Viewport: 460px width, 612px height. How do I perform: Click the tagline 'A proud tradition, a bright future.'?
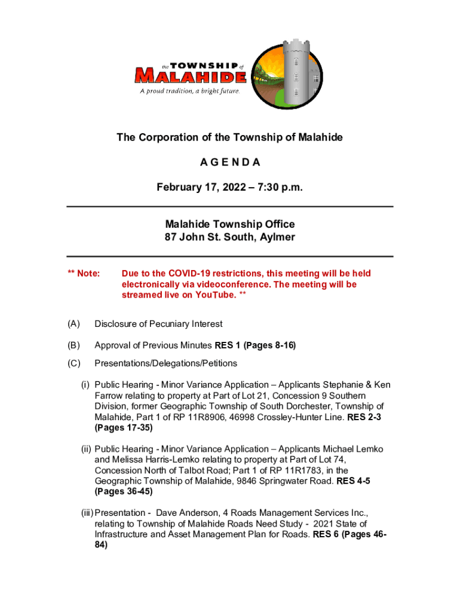point(190,91)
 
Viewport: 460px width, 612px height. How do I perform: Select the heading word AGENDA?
point(230,163)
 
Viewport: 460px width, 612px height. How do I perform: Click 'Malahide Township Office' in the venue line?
point(230,224)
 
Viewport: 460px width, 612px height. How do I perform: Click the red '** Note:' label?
point(84,274)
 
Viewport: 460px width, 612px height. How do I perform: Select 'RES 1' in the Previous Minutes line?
point(227,345)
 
